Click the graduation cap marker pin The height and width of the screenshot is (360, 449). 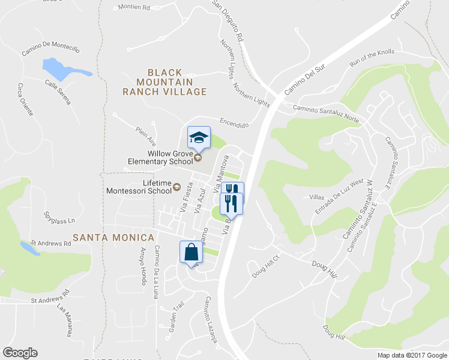coord(199,138)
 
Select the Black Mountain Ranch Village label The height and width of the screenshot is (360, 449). coord(164,82)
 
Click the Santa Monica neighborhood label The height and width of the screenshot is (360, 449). coord(113,238)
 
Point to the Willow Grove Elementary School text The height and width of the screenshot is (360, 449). coord(159,157)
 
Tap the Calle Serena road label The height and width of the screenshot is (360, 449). coord(58,92)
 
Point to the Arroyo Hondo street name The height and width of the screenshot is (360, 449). coord(143,265)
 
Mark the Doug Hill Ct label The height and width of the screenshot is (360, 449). coord(267,268)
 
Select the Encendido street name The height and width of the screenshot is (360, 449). coord(234,122)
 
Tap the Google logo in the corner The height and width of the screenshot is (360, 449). coord(20,353)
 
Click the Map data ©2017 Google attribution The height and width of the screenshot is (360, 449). coord(412,355)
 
